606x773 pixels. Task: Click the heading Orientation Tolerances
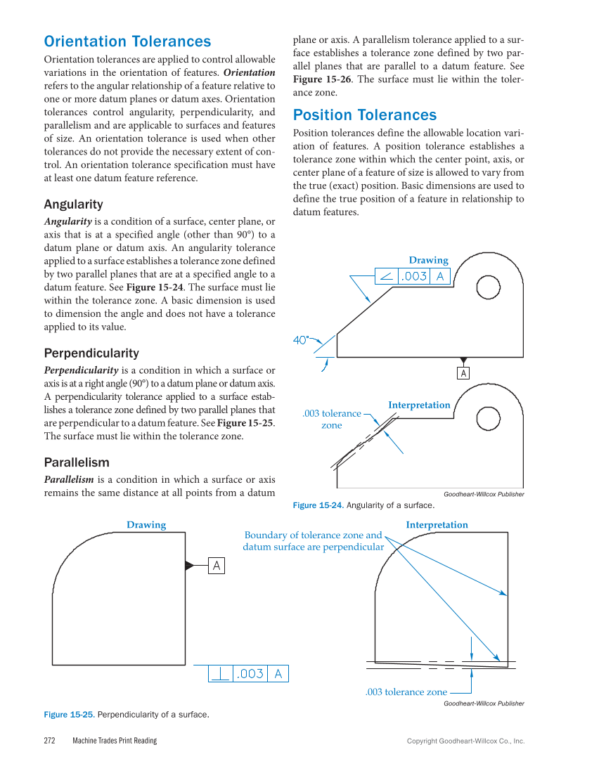(127, 41)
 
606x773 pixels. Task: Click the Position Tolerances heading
(364, 115)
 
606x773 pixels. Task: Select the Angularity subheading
(73, 204)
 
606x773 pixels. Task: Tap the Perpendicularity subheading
(91, 353)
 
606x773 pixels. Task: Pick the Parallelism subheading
(77, 462)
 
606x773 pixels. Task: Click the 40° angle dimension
(301, 340)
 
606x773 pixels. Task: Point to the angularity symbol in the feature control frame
(386, 276)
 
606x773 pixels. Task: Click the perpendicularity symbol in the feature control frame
(221, 674)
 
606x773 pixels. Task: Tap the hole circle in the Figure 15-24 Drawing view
(487, 287)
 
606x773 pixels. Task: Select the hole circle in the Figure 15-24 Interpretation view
(487, 419)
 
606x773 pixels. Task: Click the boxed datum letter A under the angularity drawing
(463, 374)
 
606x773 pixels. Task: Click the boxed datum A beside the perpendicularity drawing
(217, 566)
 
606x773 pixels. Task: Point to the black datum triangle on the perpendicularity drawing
(190, 566)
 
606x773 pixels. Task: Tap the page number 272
(50, 741)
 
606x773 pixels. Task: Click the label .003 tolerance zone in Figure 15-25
(406, 692)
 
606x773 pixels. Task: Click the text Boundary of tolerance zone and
(314, 535)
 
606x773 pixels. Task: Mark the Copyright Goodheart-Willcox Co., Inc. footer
(465, 741)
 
